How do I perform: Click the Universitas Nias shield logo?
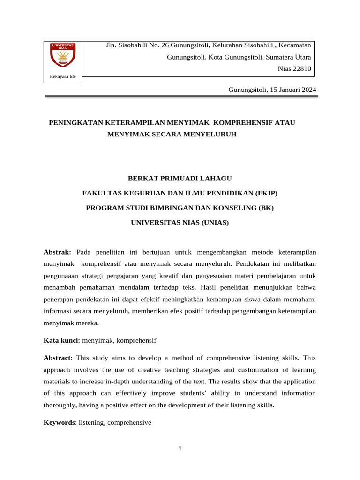pyautogui.click(x=63, y=55)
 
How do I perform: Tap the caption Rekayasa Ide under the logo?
pyautogui.click(x=63, y=76)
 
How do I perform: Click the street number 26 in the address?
pyautogui.click(x=165, y=45)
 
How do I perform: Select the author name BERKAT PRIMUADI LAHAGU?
pyautogui.click(x=180, y=178)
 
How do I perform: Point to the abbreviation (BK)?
pyautogui.click(x=265, y=208)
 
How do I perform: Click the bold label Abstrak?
pyautogui.click(x=57, y=252)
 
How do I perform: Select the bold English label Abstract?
pyautogui.click(x=57, y=357)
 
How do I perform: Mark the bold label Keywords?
pyautogui.click(x=59, y=422)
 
